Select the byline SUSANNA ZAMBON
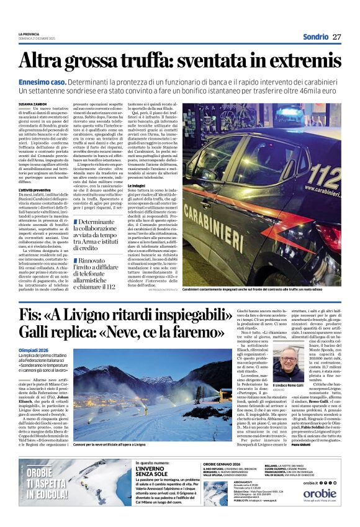[34, 104]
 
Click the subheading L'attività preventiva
[35, 205]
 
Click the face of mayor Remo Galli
[289, 366]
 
